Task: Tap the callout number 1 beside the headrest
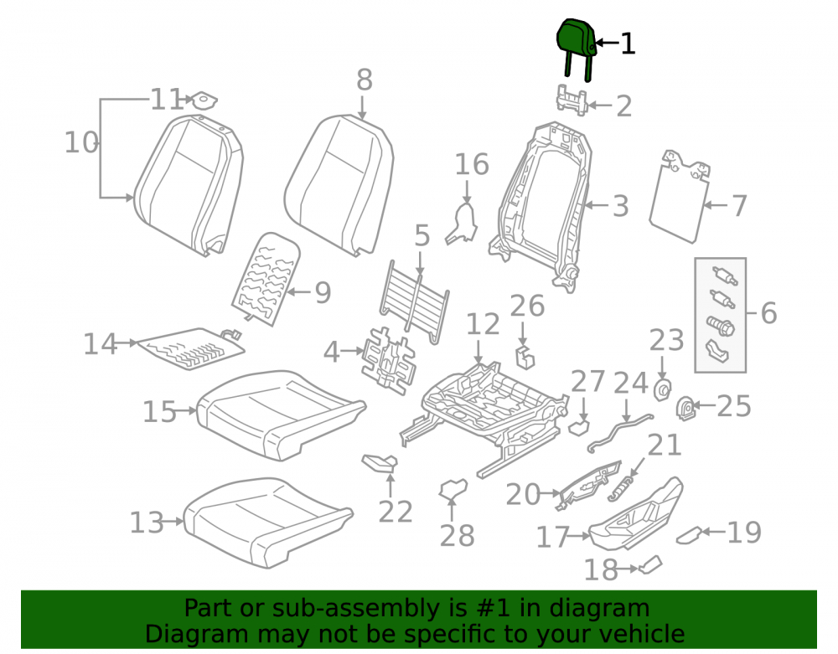click(x=628, y=44)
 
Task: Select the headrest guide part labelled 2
click(x=572, y=100)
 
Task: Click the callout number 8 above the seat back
click(x=364, y=80)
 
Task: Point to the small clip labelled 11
click(x=204, y=100)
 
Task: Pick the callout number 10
click(x=81, y=142)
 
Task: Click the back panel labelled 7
click(x=680, y=197)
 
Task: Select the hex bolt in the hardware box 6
click(x=721, y=326)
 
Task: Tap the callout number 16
click(x=471, y=164)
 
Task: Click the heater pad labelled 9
click(x=266, y=278)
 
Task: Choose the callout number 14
click(x=100, y=344)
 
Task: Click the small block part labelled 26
click(x=525, y=358)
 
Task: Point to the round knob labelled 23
click(x=663, y=390)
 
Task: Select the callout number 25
click(x=734, y=406)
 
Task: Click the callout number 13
click(x=147, y=523)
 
